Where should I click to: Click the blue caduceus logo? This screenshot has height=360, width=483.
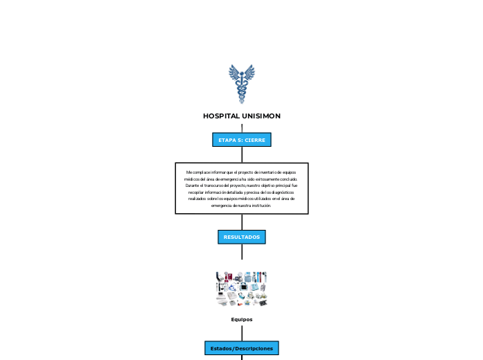click(x=242, y=84)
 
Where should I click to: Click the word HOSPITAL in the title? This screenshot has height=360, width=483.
click(x=221, y=116)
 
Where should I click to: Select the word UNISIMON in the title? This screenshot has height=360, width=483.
click(x=261, y=116)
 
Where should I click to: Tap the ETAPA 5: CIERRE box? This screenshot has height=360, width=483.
click(x=242, y=140)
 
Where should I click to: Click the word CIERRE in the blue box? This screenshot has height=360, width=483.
click(x=254, y=140)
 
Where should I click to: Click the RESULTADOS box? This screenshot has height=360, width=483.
click(x=242, y=237)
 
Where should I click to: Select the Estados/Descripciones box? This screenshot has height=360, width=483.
click(x=242, y=348)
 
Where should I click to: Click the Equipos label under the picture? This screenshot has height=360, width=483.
click(x=242, y=319)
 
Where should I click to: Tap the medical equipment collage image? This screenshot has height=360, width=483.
click(x=242, y=289)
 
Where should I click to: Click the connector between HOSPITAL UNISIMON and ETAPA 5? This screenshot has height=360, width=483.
click(x=242, y=128)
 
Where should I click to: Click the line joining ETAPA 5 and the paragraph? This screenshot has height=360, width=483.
click(x=242, y=155)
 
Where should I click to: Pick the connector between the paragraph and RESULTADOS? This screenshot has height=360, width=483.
click(x=242, y=222)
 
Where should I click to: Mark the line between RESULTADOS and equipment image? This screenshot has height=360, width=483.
click(x=242, y=252)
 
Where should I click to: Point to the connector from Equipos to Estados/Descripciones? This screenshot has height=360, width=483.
click(x=242, y=333)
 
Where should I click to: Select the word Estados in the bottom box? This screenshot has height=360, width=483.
click(x=221, y=348)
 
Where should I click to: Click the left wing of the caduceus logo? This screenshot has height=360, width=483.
click(x=234, y=73)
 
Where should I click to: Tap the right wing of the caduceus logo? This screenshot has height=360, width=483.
click(x=249, y=73)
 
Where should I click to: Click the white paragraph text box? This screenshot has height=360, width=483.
click(x=242, y=188)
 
